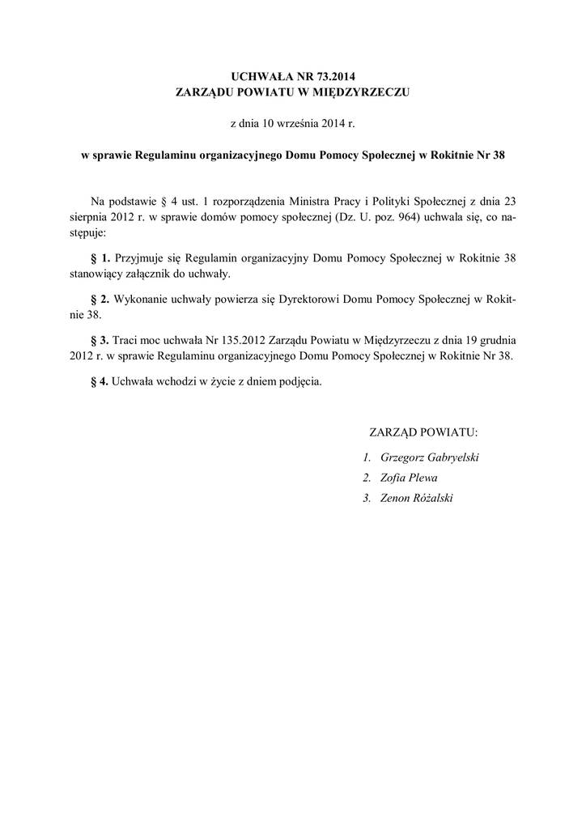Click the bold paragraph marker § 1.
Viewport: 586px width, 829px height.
[100, 258]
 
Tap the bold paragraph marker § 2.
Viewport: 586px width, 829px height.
[100, 299]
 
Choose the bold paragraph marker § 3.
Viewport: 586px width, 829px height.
[100, 340]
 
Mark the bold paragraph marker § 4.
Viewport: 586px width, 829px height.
[100, 381]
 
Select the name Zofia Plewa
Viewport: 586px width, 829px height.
[409, 478]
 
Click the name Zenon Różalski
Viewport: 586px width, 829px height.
[417, 498]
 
